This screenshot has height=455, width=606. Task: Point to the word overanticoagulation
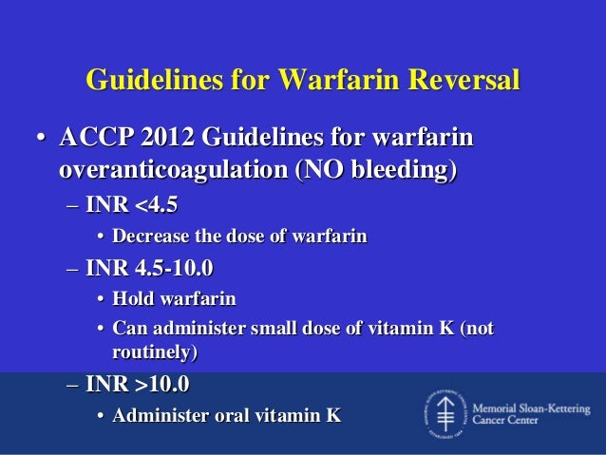[172, 171]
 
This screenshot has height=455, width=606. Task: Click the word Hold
[130, 299]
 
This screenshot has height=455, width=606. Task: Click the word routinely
[153, 352]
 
